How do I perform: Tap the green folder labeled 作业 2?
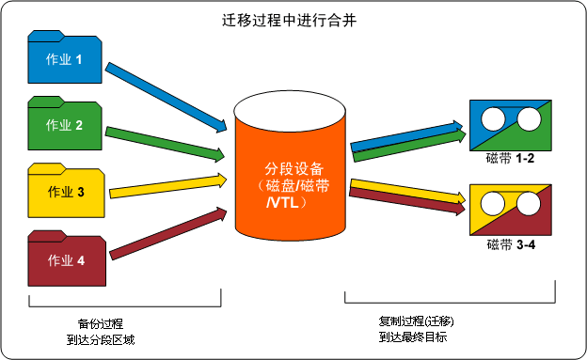coord(65,124)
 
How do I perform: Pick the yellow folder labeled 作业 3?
coord(65,191)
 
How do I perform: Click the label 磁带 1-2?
coord(511,158)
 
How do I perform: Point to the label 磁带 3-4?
coord(511,245)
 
